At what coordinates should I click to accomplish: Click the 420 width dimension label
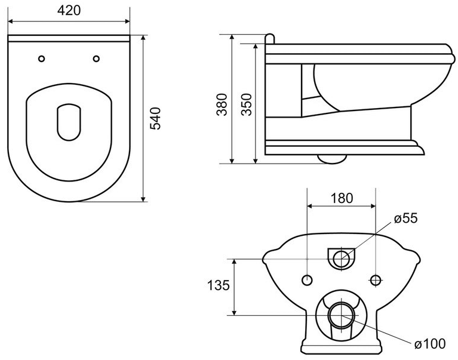[69, 10]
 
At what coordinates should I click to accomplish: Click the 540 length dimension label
[155, 118]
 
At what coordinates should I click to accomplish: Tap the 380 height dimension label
[222, 104]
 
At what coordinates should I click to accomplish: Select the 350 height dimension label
[247, 104]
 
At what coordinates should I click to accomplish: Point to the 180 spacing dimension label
[342, 198]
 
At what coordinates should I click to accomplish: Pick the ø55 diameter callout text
[405, 218]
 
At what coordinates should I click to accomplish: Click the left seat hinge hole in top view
[42, 59]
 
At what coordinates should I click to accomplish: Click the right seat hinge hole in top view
[96, 59]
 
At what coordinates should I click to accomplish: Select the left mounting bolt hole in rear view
[307, 280]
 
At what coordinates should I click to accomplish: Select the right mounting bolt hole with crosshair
[376, 280]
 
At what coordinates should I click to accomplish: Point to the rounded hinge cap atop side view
[270, 39]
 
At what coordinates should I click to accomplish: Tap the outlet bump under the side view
[332, 159]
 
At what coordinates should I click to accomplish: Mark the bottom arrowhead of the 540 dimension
[143, 199]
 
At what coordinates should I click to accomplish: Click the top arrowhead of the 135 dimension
[234, 262]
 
